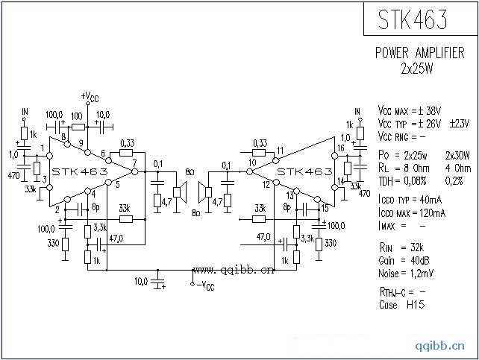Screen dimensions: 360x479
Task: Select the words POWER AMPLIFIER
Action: (x=420, y=54)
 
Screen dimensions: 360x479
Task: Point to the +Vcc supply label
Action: (x=89, y=97)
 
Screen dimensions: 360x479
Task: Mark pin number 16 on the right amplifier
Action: (x=341, y=148)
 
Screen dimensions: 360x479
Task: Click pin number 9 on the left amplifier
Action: (x=81, y=142)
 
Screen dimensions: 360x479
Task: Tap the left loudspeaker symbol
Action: (x=179, y=192)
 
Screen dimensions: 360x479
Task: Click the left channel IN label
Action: (x=25, y=112)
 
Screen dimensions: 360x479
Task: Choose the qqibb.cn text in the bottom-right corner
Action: (x=447, y=344)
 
